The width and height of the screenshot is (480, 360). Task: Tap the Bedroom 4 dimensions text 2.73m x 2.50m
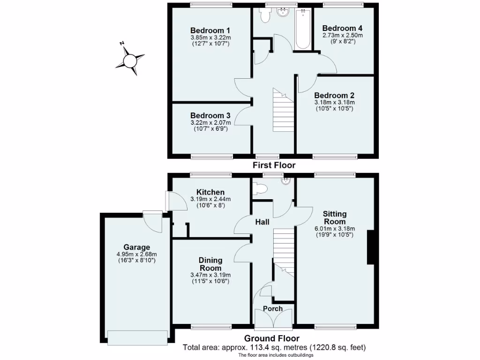click(342, 35)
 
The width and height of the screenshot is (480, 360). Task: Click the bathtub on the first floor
click(303, 30)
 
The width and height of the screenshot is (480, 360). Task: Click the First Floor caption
click(274, 165)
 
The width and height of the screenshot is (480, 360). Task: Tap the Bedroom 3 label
click(210, 115)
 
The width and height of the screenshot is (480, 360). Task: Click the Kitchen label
click(210, 192)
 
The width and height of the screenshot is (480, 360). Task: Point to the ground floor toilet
click(259, 189)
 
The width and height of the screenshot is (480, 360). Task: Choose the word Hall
click(262, 222)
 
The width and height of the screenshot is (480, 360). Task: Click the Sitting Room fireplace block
click(370, 247)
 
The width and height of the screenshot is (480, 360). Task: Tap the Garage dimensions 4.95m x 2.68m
click(136, 254)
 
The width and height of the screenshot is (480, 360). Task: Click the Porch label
click(273, 308)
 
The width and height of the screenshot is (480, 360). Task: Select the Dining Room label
click(210, 264)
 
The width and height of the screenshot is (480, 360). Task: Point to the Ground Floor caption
click(272, 338)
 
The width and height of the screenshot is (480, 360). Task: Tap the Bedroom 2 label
click(335, 95)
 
